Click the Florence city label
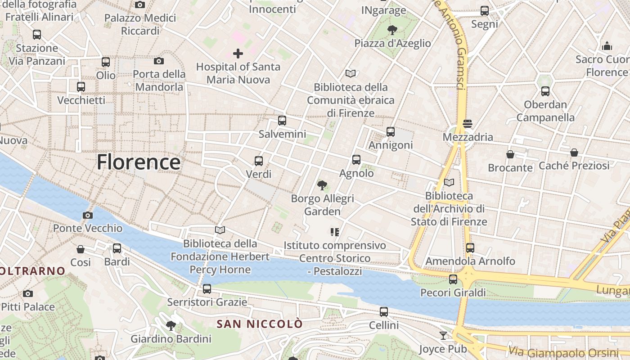[139, 162]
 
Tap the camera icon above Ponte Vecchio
[88, 215]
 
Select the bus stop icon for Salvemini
[282, 121]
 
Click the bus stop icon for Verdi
[259, 161]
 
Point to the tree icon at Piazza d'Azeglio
[392, 30]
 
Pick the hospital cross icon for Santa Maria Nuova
[238, 54]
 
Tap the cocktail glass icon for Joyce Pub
[443, 335]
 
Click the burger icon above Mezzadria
[468, 124]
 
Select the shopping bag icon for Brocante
[510, 154]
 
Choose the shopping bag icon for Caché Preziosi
[574, 153]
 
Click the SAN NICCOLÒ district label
[260, 324]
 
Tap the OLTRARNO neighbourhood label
[33, 271]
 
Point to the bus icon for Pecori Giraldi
[453, 279]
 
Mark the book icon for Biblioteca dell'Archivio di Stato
[449, 182]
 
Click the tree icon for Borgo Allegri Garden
[322, 185]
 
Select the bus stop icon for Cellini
[384, 311]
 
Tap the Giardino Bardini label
[171, 339]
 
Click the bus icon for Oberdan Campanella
[545, 91]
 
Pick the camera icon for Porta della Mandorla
[159, 61]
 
